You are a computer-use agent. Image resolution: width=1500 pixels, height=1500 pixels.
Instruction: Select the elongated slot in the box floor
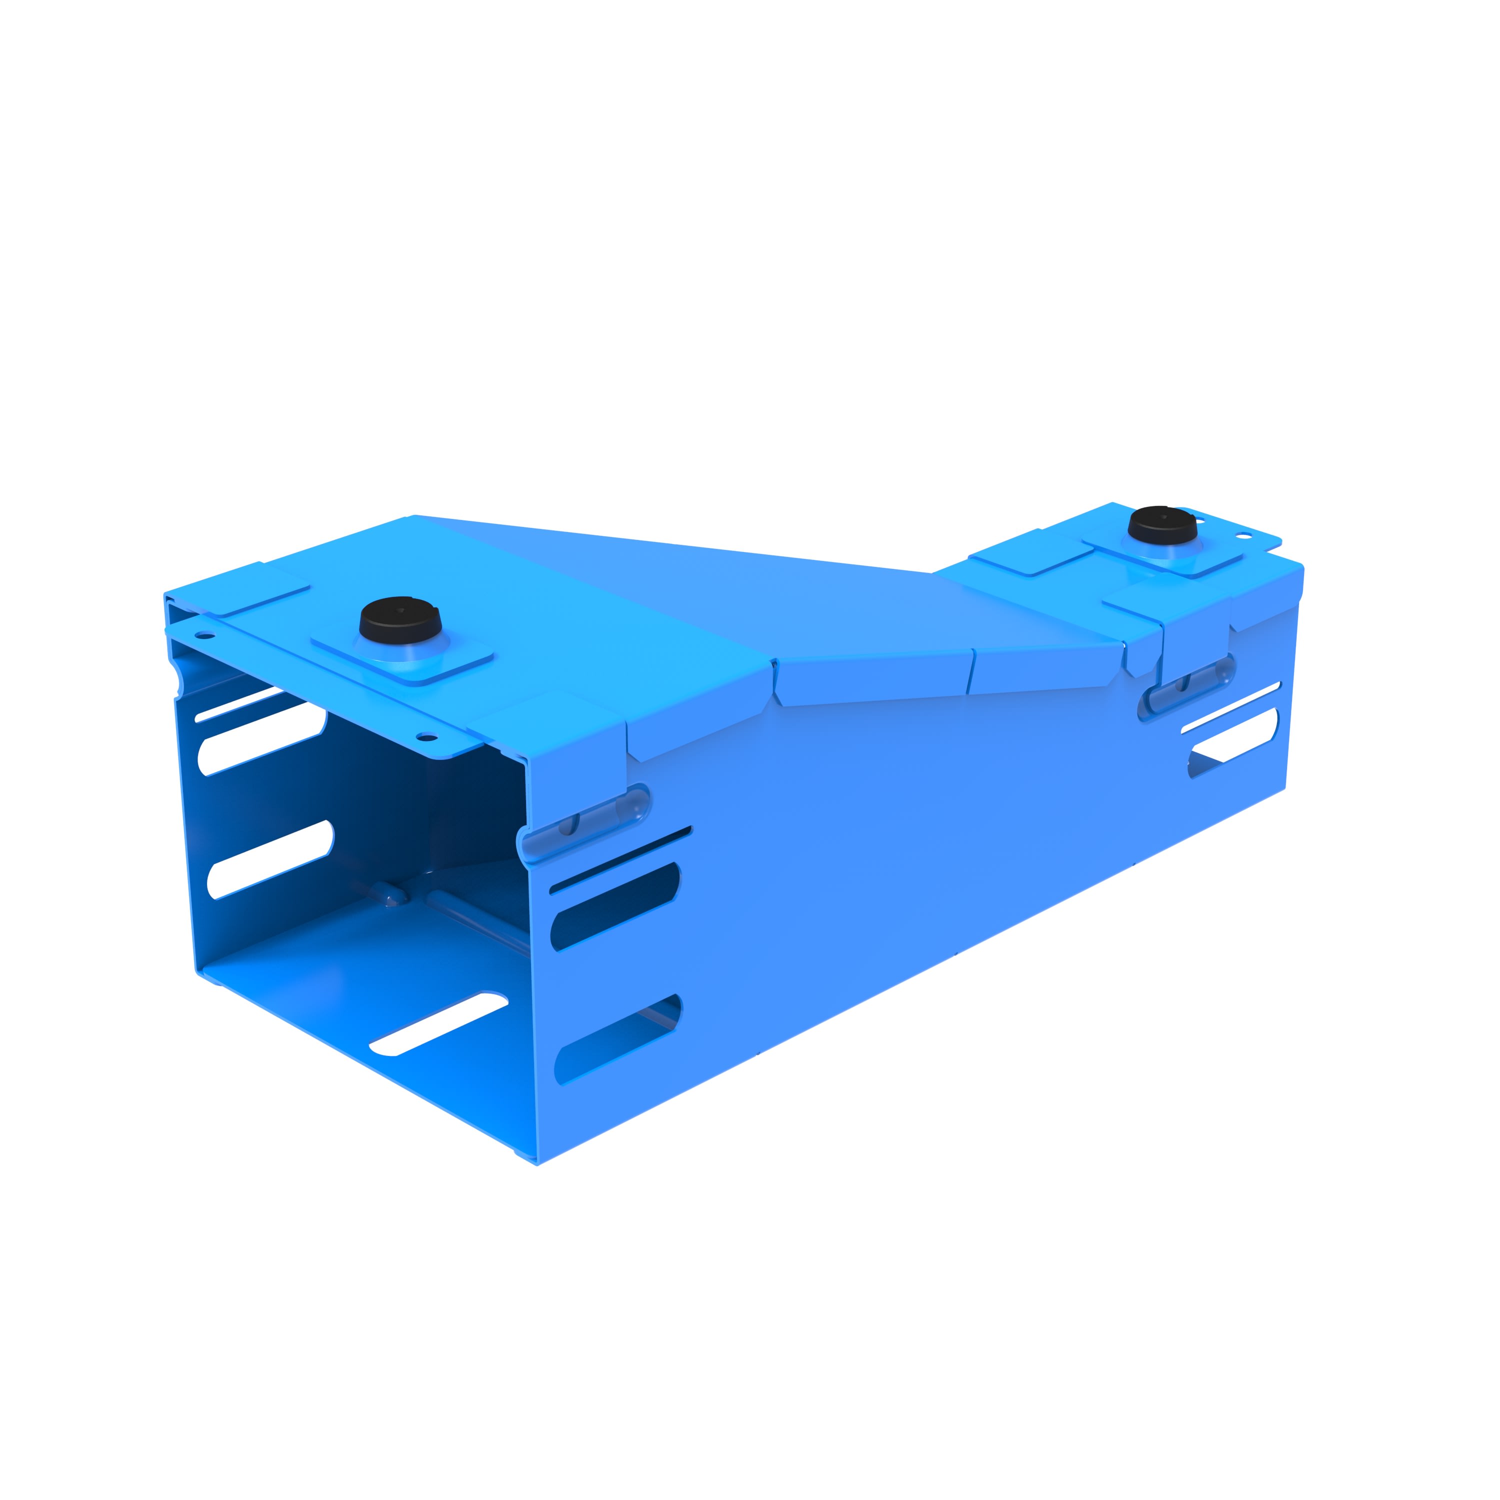[x=438, y=1024]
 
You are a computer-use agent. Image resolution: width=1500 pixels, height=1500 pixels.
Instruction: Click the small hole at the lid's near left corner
[x=204, y=636]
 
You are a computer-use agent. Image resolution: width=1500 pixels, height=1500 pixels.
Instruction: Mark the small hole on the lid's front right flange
[x=426, y=736]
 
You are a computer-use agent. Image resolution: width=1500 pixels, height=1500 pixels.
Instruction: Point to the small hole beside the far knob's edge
[x=1244, y=535]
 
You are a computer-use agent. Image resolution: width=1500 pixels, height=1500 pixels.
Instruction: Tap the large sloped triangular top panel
[x=699, y=590]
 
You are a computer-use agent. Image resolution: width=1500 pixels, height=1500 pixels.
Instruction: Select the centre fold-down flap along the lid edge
[x=873, y=680]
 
